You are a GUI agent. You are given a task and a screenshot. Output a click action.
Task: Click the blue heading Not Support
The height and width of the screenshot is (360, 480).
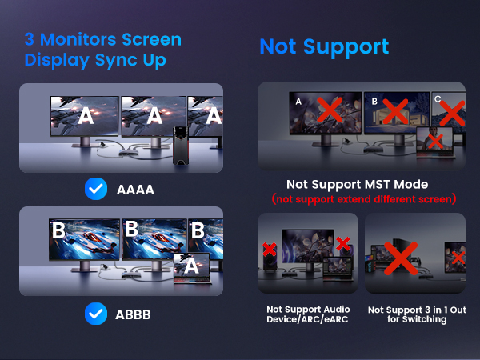coord(324,46)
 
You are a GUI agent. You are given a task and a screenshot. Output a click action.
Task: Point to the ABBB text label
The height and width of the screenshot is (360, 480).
coord(131,314)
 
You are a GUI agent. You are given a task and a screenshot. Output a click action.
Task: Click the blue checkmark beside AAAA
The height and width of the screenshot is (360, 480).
coord(96,189)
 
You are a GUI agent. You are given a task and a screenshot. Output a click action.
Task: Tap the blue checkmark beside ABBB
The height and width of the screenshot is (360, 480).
coord(96,314)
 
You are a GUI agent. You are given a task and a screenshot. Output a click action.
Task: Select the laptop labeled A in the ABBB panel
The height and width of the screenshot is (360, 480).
coord(190,267)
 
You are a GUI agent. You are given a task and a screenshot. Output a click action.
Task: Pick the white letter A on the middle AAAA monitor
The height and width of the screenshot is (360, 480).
coord(154,117)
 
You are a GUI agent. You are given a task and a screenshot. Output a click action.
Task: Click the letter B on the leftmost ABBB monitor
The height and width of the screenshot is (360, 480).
coord(58,231)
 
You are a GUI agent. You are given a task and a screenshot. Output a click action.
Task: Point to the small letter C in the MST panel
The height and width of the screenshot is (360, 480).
coord(437,98)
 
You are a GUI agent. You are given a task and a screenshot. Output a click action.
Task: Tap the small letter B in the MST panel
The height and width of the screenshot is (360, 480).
coord(374,102)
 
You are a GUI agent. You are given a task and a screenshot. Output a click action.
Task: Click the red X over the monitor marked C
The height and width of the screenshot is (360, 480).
coord(452,113)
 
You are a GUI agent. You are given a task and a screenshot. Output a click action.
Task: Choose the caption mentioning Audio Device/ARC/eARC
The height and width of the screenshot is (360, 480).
coord(307,314)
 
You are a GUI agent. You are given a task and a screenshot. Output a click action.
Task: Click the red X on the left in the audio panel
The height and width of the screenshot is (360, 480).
coord(270,250)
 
